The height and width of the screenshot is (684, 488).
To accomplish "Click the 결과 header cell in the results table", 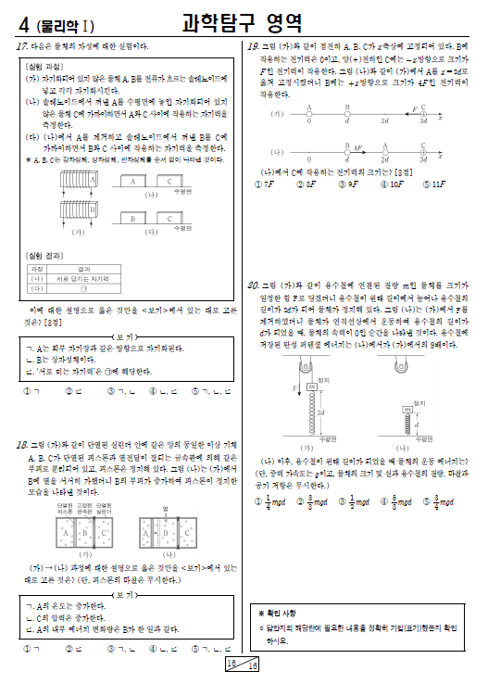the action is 70,268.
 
